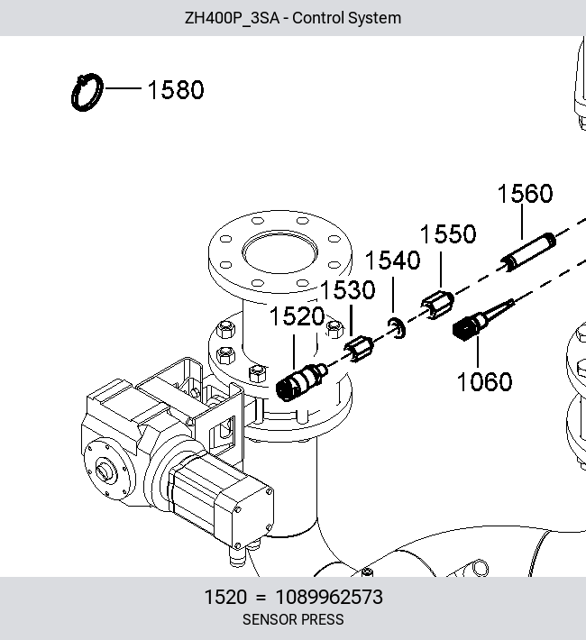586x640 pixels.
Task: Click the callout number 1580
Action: click(x=176, y=89)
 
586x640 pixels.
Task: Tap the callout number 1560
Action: click(x=526, y=193)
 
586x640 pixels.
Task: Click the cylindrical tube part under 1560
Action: click(x=529, y=252)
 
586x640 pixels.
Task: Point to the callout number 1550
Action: click(x=448, y=233)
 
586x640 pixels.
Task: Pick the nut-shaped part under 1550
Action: click(x=438, y=305)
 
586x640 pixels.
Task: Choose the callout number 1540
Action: click(x=392, y=260)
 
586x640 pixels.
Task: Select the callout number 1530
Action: click(x=347, y=289)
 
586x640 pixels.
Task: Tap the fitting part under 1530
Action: click(x=359, y=350)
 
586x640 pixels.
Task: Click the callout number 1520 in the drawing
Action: click(x=297, y=315)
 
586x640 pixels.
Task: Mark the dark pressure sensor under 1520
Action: click(x=301, y=382)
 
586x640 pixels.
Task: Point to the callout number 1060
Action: click(x=484, y=381)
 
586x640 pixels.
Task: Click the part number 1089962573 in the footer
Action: click(x=329, y=597)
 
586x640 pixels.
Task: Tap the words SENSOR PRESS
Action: click(x=293, y=619)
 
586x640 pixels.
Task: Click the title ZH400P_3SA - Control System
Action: click(x=293, y=18)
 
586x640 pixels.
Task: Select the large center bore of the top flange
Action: click(x=279, y=251)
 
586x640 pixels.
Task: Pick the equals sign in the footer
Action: click(x=261, y=598)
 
